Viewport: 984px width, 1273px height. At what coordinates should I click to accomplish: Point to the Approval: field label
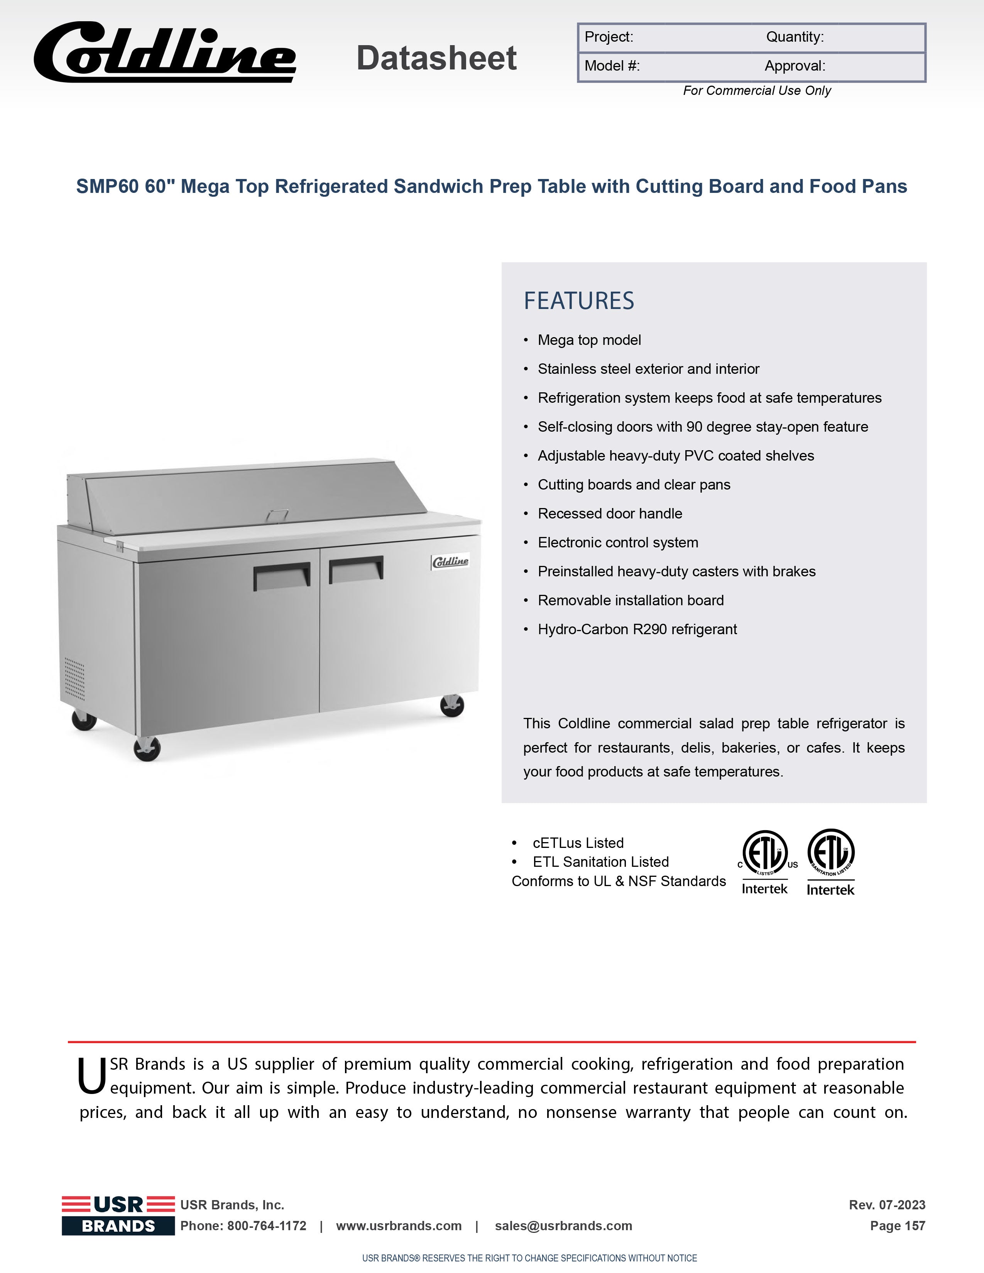[x=795, y=66]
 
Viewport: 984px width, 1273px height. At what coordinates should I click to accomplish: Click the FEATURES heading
[x=578, y=301]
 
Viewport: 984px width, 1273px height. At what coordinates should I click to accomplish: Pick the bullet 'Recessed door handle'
[x=609, y=513]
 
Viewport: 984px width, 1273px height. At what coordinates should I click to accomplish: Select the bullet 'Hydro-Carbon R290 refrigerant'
[x=637, y=630]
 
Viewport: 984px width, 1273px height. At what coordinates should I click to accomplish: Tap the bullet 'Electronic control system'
[x=617, y=543]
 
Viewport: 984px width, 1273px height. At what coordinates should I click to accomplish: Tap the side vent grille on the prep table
[x=74, y=679]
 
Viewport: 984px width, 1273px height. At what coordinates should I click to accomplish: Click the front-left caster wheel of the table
[x=147, y=749]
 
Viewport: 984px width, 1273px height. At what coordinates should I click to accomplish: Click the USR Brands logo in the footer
[x=118, y=1215]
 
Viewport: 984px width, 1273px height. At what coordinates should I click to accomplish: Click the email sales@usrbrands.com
[x=563, y=1226]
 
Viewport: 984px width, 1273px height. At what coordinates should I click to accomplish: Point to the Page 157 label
[x=897, y=1226]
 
